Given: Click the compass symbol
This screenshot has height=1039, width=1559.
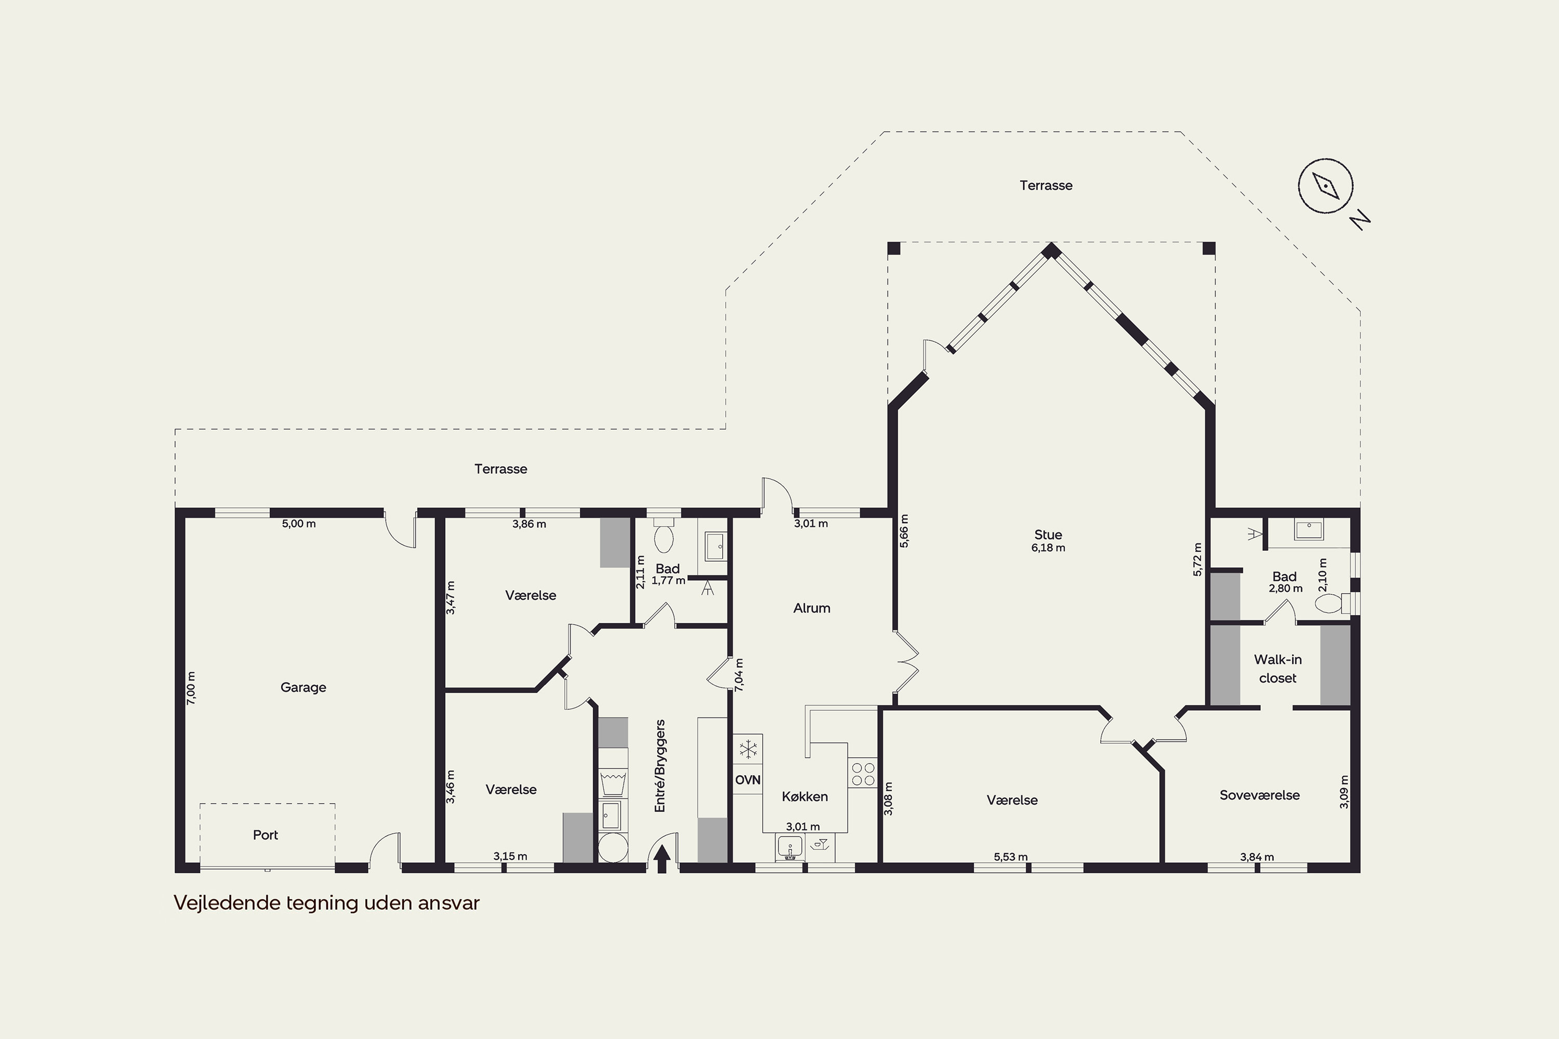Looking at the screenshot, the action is point(1326,186).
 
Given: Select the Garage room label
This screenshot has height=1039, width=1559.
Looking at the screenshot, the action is point(303,688).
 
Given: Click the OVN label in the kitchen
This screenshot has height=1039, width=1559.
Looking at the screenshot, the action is point(748,780).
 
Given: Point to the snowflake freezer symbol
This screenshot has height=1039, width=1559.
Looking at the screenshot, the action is point(748,750).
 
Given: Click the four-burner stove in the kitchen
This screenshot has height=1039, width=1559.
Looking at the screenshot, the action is point(862,774).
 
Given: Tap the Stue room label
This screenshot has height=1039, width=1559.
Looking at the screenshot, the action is point(1048,535).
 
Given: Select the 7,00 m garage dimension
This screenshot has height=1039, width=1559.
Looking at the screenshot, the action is point(191,688).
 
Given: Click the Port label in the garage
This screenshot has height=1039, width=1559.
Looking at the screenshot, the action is point(265,835).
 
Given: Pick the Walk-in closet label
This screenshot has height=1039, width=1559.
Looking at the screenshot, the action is point(1277,669).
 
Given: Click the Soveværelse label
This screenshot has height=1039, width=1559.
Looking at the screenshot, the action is point(1259,795).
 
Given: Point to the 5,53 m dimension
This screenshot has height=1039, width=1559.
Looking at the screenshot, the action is point(1011,857).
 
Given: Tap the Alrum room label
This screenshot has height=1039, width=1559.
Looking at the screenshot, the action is point(811,608).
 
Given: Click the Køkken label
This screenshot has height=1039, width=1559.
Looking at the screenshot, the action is point(804,796).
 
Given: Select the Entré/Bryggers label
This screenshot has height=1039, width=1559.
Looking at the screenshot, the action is point(659,766).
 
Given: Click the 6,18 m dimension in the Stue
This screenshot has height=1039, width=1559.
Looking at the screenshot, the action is point(1048,548).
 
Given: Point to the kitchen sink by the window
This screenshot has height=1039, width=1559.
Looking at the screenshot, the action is point(789,847).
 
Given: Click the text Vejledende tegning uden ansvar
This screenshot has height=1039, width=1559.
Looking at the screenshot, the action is point(326,903).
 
